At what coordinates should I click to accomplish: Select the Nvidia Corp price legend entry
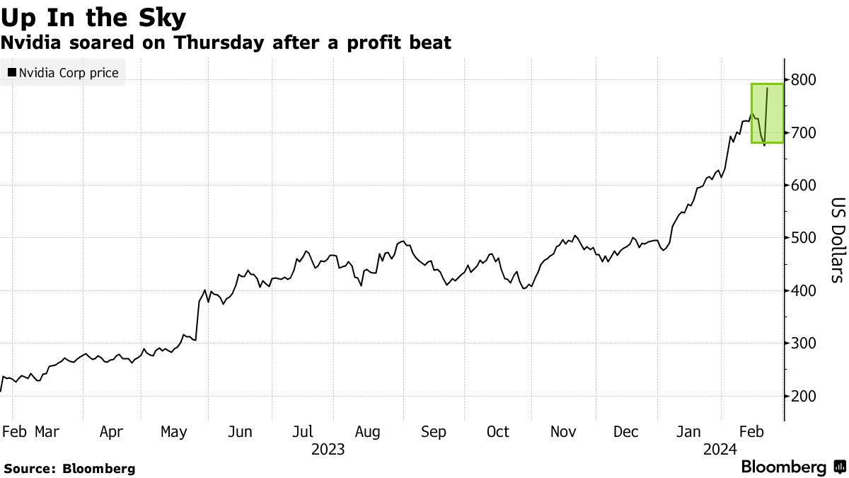63,72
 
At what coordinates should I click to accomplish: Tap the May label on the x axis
173,432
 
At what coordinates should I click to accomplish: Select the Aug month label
368,432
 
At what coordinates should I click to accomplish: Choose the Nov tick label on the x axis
563,432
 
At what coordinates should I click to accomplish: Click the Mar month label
47,432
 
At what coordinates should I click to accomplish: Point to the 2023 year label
328,449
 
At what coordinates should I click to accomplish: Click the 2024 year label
720,449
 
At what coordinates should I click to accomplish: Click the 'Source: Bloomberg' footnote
69,468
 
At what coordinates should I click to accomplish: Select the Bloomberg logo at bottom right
793,467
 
